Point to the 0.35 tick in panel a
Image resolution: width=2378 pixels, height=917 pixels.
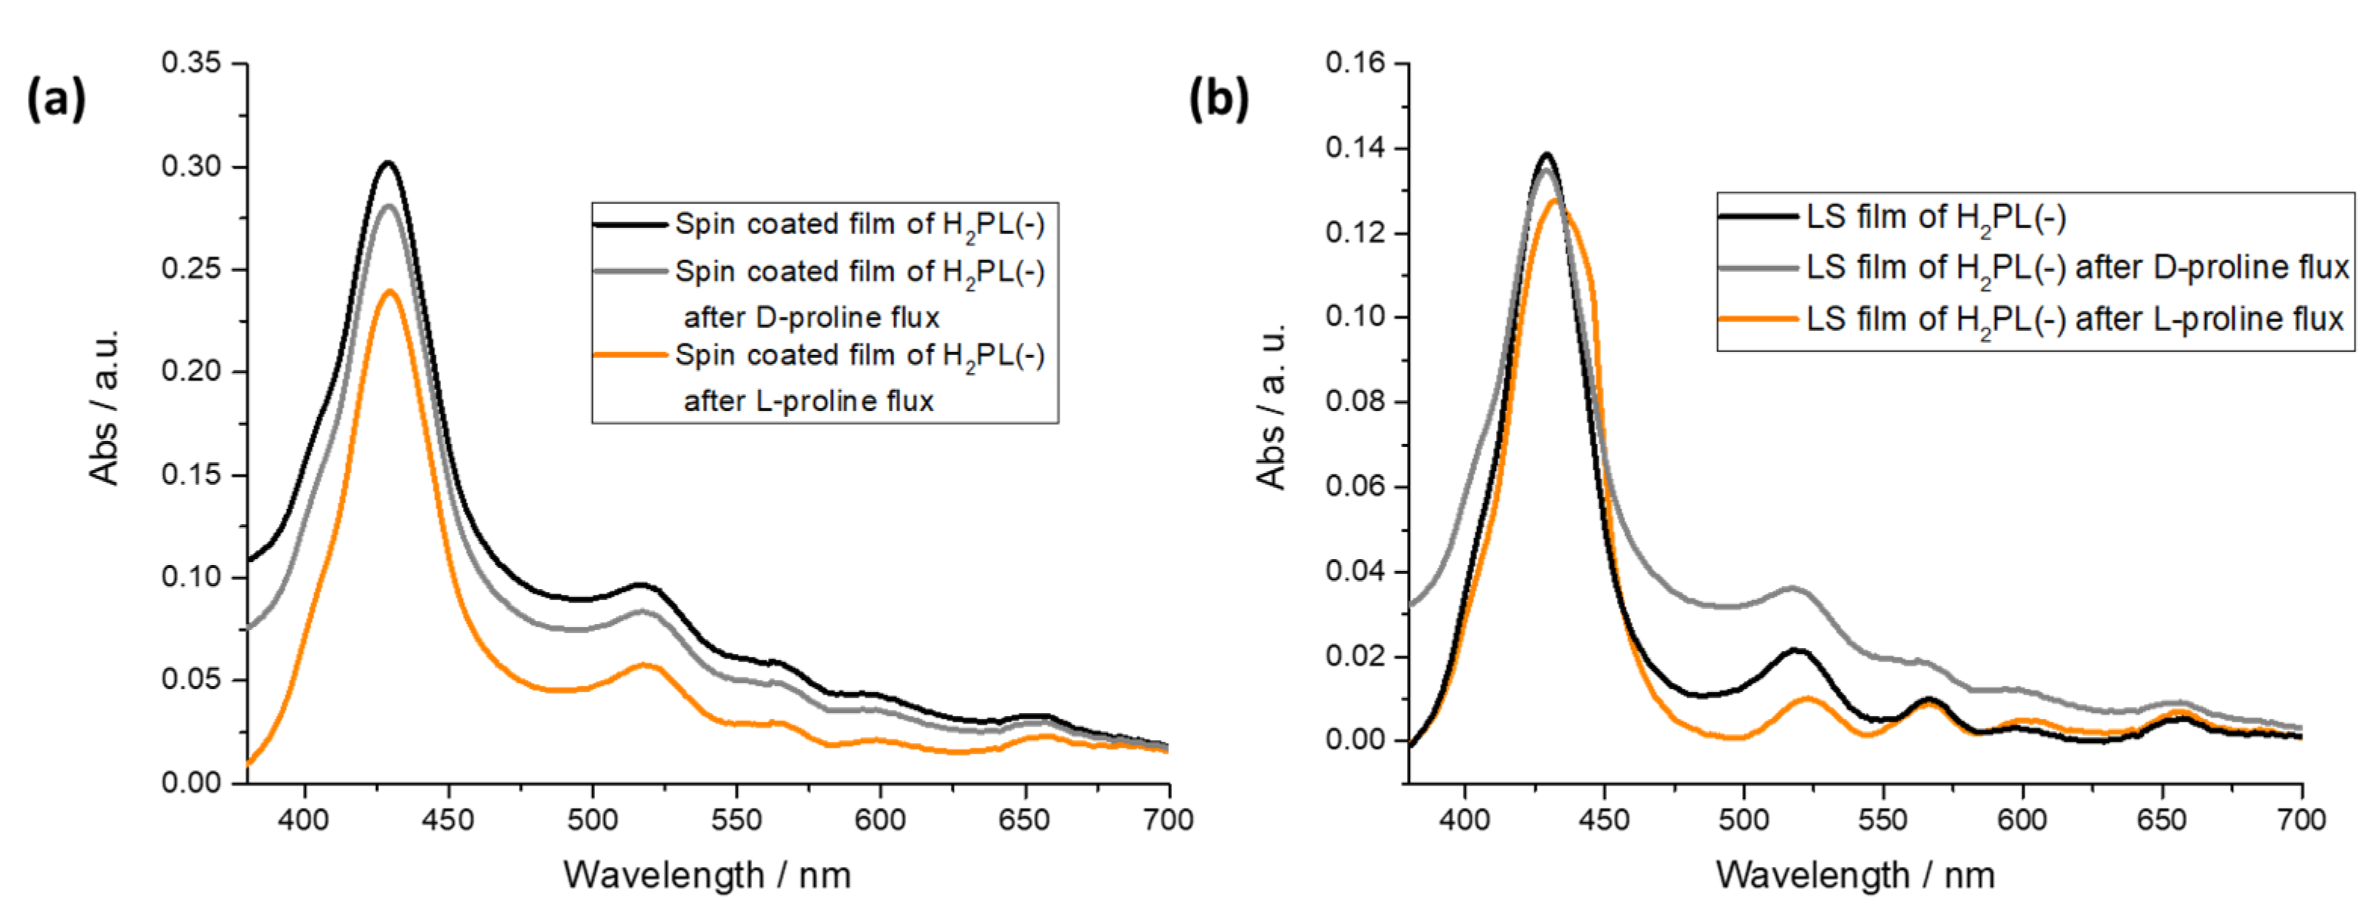click(x=191, y=63)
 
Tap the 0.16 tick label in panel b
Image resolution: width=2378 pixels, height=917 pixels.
click(x=1356, y=63)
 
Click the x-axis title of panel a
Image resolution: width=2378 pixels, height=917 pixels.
click(x=707, y=875)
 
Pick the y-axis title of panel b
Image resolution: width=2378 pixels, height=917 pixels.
click(x=1272, y=406)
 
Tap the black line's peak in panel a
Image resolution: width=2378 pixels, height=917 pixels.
click(x=389, y=163)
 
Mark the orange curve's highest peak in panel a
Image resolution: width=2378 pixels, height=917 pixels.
click(x=390, y=292)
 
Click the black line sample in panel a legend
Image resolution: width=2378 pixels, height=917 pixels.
click(x=630, y=224)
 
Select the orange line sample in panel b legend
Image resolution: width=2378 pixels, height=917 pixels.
click(x=1758, y=320)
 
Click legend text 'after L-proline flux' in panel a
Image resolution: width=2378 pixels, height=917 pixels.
click(x=809, y=401)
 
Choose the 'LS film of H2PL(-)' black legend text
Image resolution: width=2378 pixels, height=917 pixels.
click(x=1935, y=218)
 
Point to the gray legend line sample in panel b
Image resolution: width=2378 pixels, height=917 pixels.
click(x=1758, y=268)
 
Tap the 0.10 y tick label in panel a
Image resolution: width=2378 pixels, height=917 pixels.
click(x=191, y=577)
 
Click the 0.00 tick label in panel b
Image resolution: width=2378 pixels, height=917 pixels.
click(x=1356, y=739)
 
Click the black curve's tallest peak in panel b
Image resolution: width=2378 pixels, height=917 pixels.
click(x=1547, y=154)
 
